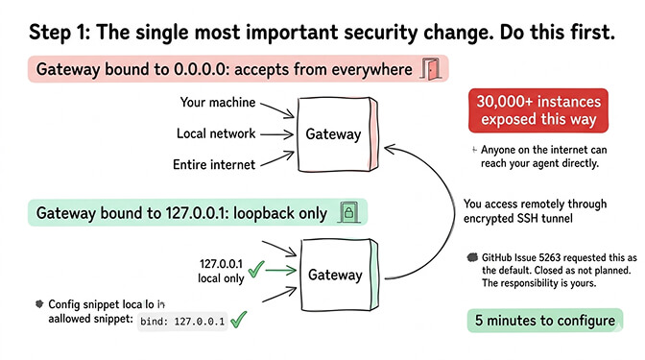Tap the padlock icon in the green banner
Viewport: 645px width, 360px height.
[x=348, y=212]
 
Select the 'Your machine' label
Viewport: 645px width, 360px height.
[x=219, y=102]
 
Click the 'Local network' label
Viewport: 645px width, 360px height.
[x=215, y=133]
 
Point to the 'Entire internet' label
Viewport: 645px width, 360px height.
[x=215, y=165]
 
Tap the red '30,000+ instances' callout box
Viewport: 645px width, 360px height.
[x=538, y=110]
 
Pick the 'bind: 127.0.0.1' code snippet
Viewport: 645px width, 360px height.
[x=183, y=322]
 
